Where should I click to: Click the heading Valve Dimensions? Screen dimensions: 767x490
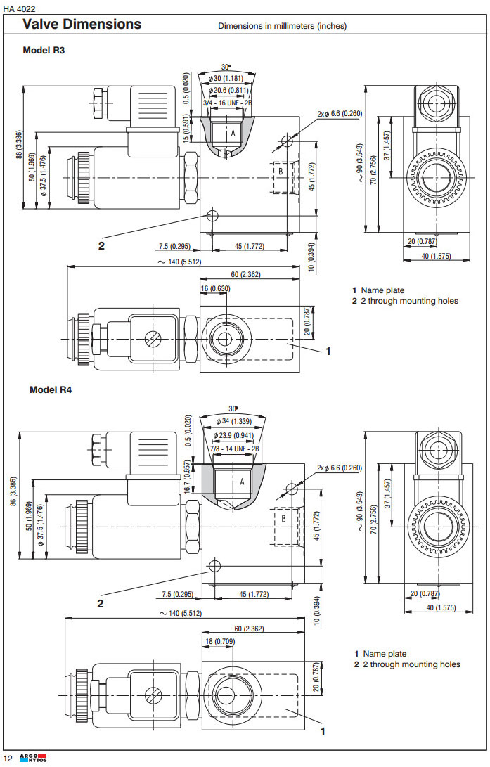[x=82, y=25]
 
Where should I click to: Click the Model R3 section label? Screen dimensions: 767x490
[x=44, y=51]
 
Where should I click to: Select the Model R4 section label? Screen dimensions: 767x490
[x=50, y=389]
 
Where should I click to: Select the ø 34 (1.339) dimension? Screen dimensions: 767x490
[x=234, y=421]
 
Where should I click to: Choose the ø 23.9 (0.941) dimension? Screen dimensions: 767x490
[x=234, y=435]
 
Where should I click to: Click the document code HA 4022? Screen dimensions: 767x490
[x=20, y=8]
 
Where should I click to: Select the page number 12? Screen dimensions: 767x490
[x=8, y=757]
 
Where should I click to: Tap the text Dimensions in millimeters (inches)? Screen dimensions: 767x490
[x=282, y=26]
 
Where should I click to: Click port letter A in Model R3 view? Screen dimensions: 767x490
[x=233, y=132]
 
